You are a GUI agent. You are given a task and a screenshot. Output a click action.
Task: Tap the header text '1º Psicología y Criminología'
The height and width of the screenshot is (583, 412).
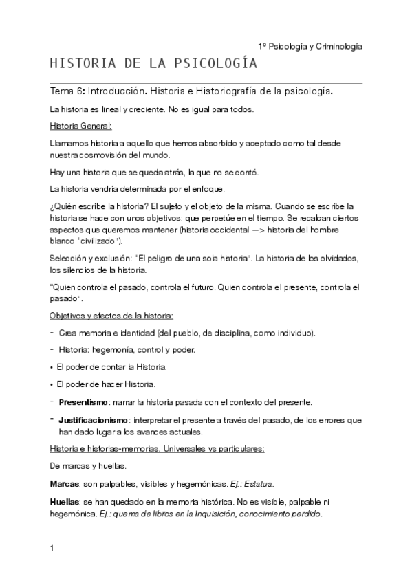click(x=310, y=46)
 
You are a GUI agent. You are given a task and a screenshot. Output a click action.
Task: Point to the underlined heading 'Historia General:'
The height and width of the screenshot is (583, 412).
click(x=81, y=126)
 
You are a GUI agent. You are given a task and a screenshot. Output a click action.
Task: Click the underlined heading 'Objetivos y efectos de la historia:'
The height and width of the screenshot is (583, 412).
click(x=111, y=316)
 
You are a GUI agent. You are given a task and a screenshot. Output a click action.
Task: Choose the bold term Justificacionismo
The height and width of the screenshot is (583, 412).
click(x=94, y=419)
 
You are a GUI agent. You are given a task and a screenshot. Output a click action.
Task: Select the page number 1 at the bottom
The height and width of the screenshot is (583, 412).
click(x=52, y=549)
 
